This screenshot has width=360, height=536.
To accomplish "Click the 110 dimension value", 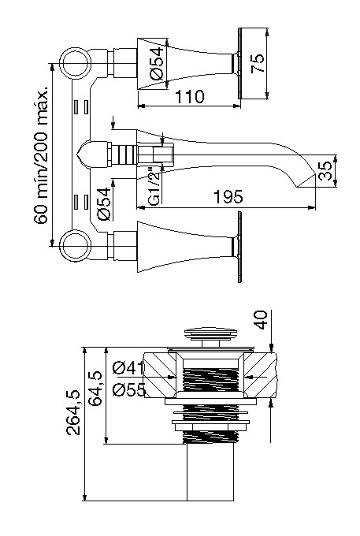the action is [x=190, y=97].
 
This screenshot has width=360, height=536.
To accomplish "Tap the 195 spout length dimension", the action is [x=229, y=197].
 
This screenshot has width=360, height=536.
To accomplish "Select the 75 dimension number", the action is [x=258, y=63].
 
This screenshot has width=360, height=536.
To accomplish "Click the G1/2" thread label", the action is [x=155, y=186].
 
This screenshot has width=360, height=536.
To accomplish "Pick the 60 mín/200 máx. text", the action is [x=41, y=154].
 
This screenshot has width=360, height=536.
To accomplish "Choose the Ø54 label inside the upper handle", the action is [x=157, y=63].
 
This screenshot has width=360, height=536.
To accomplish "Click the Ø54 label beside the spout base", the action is [x=104, y=203].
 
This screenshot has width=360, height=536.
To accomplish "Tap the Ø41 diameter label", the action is [x=128, y=368].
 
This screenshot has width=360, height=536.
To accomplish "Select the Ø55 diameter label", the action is [x=129, y=389].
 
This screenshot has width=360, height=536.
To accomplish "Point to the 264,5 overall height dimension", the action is [x=73, y=412].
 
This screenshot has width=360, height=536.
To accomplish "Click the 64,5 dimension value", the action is [x=95, y=389].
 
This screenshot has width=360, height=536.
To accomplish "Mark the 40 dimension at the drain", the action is [x=262, y=320].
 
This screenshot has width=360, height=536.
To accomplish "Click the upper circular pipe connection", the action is [x=76, y=63].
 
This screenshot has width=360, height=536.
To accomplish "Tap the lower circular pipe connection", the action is [x=76, y=245].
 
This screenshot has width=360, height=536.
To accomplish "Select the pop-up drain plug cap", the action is [x=211, y=333].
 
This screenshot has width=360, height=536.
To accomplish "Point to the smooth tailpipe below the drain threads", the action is [x=210, y=472].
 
